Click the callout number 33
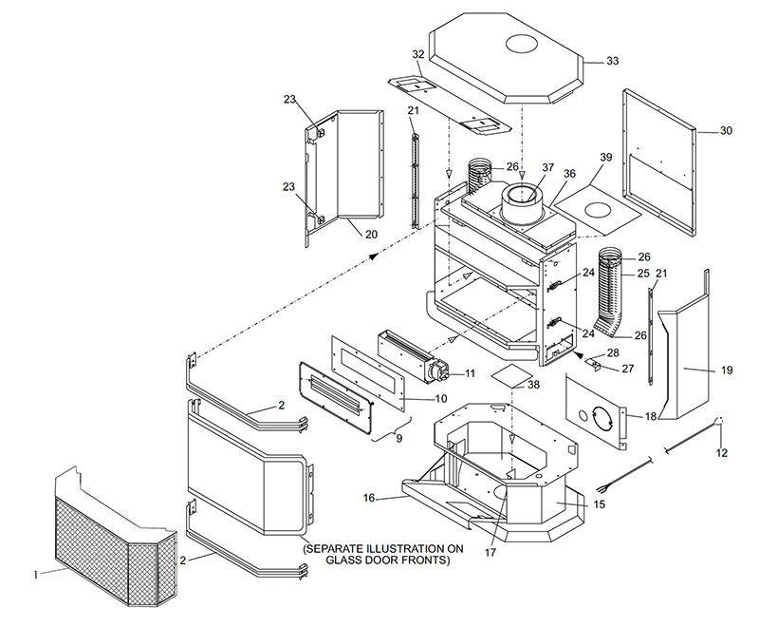(612, 61)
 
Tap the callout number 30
(726, 131)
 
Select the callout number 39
(605, 158)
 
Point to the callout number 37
(547, 167)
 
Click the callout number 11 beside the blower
(470, 373)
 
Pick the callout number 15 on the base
(600, 504)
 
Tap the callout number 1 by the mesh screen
(36, 575)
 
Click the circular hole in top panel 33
(522, 44)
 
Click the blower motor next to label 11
(438, 372)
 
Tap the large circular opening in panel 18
(603, 418)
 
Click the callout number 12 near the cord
(722, 453)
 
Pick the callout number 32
(418, 54)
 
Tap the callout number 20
(371, 235)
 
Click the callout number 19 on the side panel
(727, 370)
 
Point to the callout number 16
(369, 498)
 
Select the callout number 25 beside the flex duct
(643, 274)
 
